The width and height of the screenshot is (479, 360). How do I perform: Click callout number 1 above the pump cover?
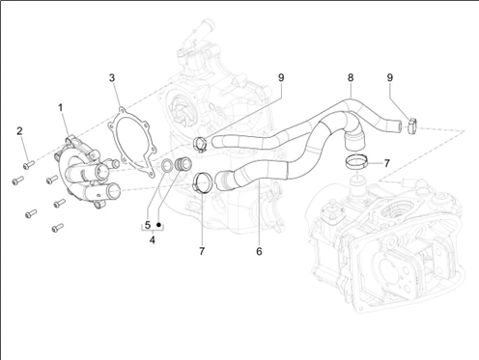(61, 108)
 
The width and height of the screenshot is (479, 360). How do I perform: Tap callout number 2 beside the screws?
(20, 131)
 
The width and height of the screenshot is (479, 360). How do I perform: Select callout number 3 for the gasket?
(112, 78)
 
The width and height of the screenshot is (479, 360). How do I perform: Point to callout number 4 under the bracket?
(153, 239)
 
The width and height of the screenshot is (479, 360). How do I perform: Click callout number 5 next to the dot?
(148, 225)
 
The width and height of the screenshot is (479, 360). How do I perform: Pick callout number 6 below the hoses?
(259, 251)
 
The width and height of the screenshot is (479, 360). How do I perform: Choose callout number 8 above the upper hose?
(351, 77)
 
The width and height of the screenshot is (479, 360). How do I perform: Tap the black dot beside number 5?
(158, 225)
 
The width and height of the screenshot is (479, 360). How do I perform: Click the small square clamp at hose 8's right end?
(412, 126)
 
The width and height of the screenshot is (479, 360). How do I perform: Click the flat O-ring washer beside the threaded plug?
(166, 165)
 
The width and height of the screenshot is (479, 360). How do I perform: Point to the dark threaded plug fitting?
(183, 164)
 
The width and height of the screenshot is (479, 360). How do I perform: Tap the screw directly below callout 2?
(28, 165)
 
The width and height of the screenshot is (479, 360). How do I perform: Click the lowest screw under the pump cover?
(57, 228)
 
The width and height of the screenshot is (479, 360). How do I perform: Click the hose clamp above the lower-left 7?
(202, 183)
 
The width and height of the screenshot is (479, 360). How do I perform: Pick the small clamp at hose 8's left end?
(200, 144)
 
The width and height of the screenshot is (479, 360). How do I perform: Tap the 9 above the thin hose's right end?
(390, 77)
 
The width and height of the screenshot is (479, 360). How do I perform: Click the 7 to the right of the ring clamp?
(386, 163)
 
